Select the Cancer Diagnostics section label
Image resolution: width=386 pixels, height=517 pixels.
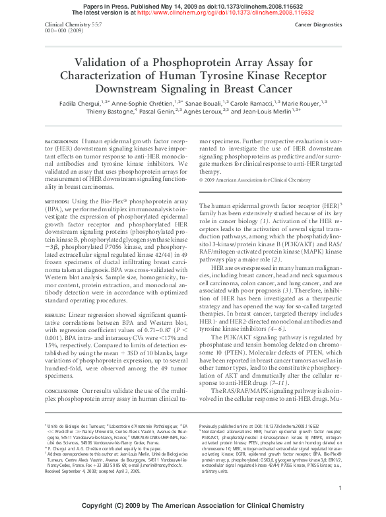[317, 24]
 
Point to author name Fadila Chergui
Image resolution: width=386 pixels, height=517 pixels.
[78, 103]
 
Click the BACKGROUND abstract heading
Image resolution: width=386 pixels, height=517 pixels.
[61, 142]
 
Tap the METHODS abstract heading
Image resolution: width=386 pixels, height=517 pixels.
[57, 200]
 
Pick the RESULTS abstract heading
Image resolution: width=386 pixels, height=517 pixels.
[57, 316]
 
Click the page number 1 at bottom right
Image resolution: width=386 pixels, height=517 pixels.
[339, 488]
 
